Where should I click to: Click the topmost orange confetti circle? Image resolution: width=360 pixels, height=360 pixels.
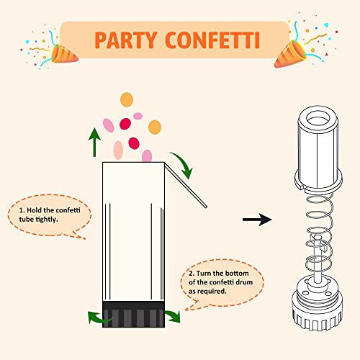(x=126, y=99)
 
